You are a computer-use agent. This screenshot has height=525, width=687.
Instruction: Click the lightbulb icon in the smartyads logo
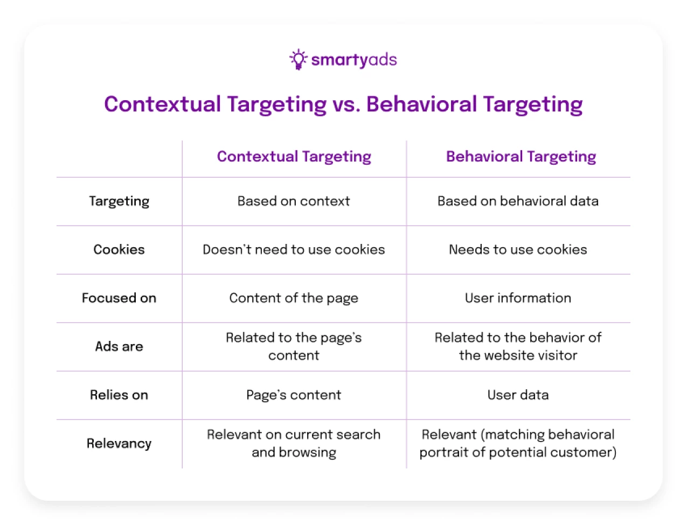(298, 59)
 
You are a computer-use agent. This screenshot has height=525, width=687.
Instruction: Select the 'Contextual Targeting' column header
(294, 157)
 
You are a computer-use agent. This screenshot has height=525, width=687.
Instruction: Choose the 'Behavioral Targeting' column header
(521, 157)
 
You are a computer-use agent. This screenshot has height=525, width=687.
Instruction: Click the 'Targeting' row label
(119, 201)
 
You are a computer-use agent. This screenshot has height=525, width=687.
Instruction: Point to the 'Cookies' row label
(119, 250)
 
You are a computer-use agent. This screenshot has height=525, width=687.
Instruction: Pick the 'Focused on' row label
(119, 298)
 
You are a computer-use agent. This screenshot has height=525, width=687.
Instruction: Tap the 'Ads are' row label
(119, 347)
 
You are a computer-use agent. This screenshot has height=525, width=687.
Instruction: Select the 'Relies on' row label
(119, 395)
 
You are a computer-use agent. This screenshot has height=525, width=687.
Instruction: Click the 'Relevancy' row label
(119, 444)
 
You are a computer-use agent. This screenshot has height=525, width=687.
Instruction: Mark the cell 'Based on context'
(294, 201)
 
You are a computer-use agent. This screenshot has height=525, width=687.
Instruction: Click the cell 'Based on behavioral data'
(518, 201)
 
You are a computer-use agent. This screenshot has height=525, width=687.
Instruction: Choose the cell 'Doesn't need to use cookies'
(294, 250)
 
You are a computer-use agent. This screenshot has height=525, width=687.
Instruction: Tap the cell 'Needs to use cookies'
(518, 250)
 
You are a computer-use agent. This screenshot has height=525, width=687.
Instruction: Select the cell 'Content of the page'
(294, 298)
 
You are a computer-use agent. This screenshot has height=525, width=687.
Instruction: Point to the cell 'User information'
(518, 298)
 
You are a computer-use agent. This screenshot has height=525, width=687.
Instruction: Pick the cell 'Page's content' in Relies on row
(294, 395)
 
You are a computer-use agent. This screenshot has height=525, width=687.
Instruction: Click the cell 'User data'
(518, 395)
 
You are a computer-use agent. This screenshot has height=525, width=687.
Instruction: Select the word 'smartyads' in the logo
(354, 60)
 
